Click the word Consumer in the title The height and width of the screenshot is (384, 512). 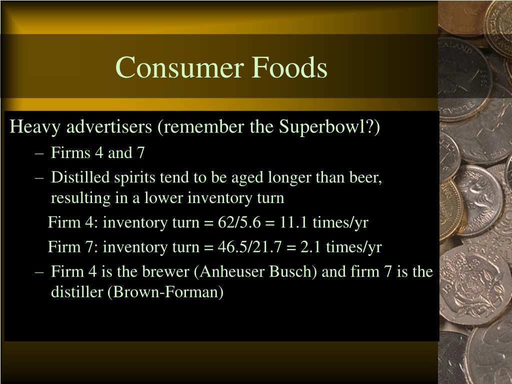(179, 67)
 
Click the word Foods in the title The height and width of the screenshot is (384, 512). (289, 67)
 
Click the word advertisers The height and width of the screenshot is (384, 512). (109, 126)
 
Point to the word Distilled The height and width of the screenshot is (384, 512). (80, 177)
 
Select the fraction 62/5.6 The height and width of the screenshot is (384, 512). (239, 222)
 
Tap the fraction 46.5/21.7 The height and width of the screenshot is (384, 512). (249, 247)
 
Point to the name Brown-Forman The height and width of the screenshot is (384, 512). (166, 292)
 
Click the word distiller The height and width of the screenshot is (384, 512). (77, 292)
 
